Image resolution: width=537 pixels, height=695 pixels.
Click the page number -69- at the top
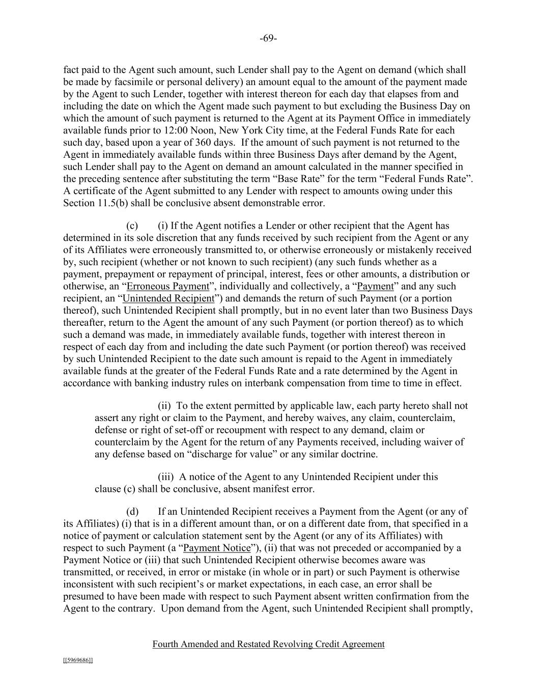[268, 39]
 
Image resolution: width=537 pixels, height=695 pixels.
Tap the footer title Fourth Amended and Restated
[268, 644]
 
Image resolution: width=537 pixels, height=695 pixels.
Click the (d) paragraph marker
[132, 511]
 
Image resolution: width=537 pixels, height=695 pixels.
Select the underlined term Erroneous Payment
[168, 286]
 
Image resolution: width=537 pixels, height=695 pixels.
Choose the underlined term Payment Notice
[217, 548]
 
